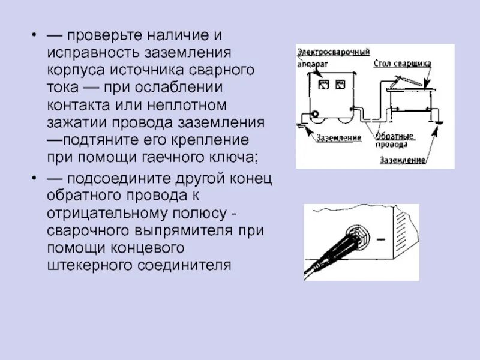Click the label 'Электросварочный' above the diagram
pos(333,52)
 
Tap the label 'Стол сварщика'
pos(402,63)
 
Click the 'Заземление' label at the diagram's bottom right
pos(402,160)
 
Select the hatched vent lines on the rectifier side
pos(404,228)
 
